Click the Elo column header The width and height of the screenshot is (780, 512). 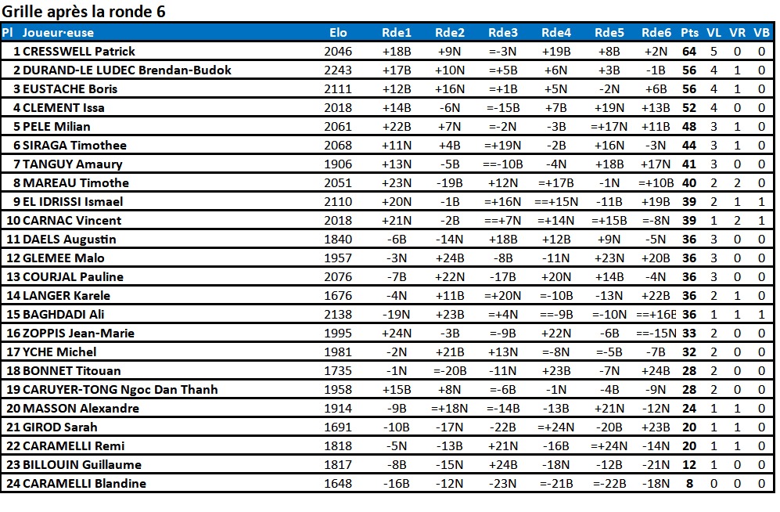338,33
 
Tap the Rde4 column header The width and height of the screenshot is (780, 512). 556,33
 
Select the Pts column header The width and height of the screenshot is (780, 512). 689,33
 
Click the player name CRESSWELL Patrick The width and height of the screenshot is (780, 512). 79,51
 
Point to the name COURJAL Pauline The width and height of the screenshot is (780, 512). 73,276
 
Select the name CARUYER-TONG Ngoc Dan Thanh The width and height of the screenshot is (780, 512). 120,390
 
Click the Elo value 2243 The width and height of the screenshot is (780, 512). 338,70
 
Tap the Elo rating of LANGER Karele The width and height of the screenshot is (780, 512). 338,296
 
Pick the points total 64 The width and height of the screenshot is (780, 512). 689,51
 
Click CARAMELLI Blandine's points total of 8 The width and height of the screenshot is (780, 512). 689,483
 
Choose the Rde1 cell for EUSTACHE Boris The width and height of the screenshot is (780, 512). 397,89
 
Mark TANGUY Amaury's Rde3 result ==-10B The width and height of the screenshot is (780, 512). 503,164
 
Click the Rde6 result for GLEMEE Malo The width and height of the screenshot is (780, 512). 656,258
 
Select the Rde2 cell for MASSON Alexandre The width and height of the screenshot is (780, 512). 450,409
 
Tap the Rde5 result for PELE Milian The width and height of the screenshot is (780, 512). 609,126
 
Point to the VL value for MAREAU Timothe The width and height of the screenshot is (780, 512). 714,182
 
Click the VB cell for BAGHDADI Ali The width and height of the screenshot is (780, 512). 761,315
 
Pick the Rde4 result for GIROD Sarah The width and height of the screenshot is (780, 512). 556,427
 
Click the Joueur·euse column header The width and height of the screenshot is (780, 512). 58,33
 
